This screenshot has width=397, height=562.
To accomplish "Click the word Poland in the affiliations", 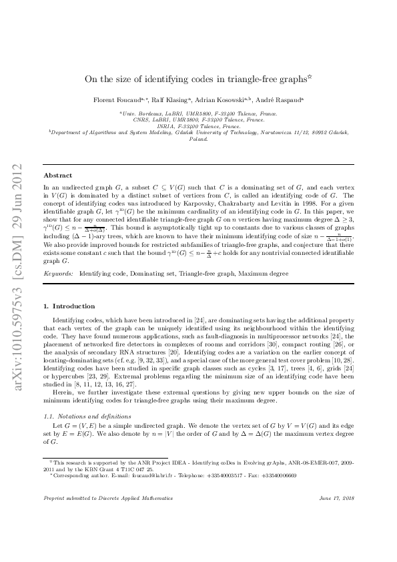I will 198,139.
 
